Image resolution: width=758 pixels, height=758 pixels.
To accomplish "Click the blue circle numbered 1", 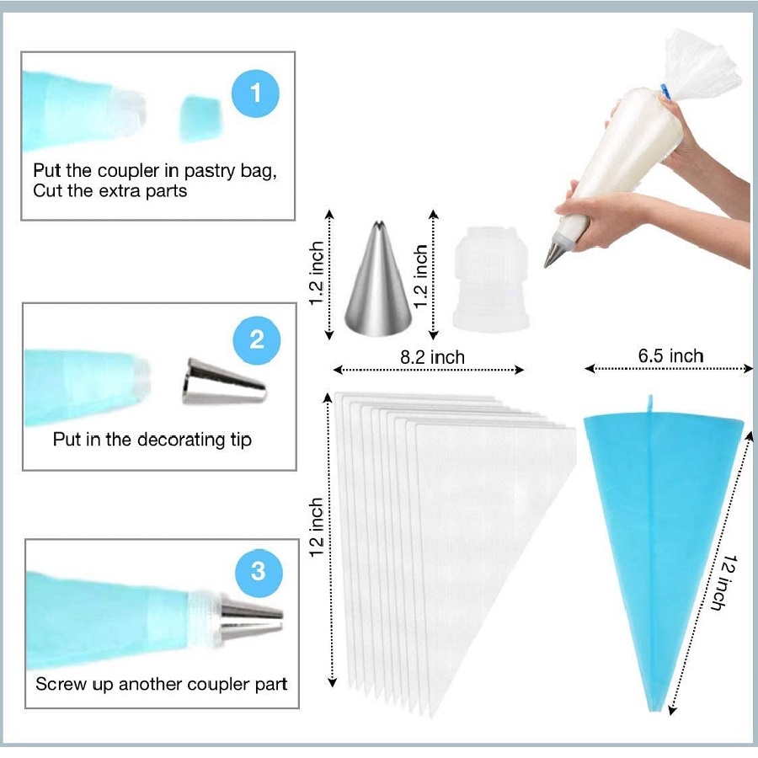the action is pos(255,93).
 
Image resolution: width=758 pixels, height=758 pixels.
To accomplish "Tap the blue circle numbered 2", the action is pos(256,340).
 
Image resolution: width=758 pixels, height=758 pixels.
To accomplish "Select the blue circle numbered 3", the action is pos(259,573).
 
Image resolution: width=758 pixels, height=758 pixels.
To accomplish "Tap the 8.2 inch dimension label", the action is pos(432,357).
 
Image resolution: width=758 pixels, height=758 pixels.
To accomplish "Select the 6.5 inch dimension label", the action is pos(670,355).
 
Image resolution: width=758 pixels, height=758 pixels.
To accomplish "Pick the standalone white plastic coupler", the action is pos(491,279).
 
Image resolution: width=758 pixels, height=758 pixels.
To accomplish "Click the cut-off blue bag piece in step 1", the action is pos(200,119).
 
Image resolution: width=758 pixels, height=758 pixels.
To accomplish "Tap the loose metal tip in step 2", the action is pos(223,381).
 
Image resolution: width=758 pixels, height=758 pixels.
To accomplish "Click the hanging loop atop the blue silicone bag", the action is pos(650,404).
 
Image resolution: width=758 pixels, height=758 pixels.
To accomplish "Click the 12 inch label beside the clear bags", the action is pos(316,527).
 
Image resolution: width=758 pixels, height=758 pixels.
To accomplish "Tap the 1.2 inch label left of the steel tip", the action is pos(316,273).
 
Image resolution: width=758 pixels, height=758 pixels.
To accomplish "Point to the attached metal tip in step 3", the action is pos(251,620).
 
